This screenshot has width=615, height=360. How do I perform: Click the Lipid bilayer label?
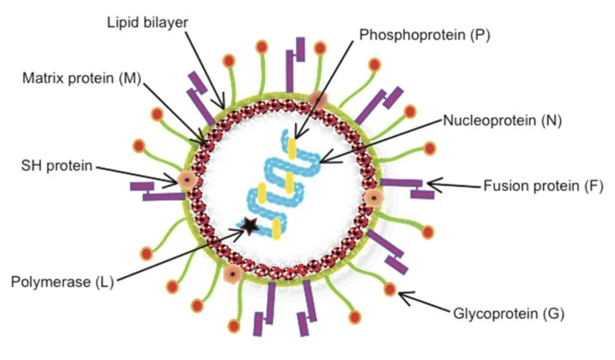pyautogui.click(x=148, y=23)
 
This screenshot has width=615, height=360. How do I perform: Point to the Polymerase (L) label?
pyautogui.click(x=62, y=281)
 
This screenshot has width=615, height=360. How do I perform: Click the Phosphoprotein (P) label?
pyautogui.click(x=425, y=35)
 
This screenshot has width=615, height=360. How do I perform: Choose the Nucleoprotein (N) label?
pyautogui.click(x=502, y=121)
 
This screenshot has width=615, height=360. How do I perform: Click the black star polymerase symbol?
pyautogui.click(x=250, y=225)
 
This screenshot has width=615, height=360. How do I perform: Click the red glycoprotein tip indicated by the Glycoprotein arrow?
pyautogui.click(x=390, y=290)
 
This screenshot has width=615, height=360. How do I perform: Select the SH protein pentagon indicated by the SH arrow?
pyautogui.click(x=187, y=180)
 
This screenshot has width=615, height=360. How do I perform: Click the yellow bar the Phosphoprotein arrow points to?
pyautogui.click(x=291, y=148)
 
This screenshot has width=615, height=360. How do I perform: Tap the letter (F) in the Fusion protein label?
pyautogui.click(x=593, y=186)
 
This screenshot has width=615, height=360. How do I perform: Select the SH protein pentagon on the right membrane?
pyautogui.click(x=374, y=197)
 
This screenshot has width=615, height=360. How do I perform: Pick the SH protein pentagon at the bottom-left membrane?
pyautogui.click(x=231, y=274)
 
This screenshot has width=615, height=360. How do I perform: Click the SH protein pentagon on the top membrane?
pyautogui.click(x=318, y=100)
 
